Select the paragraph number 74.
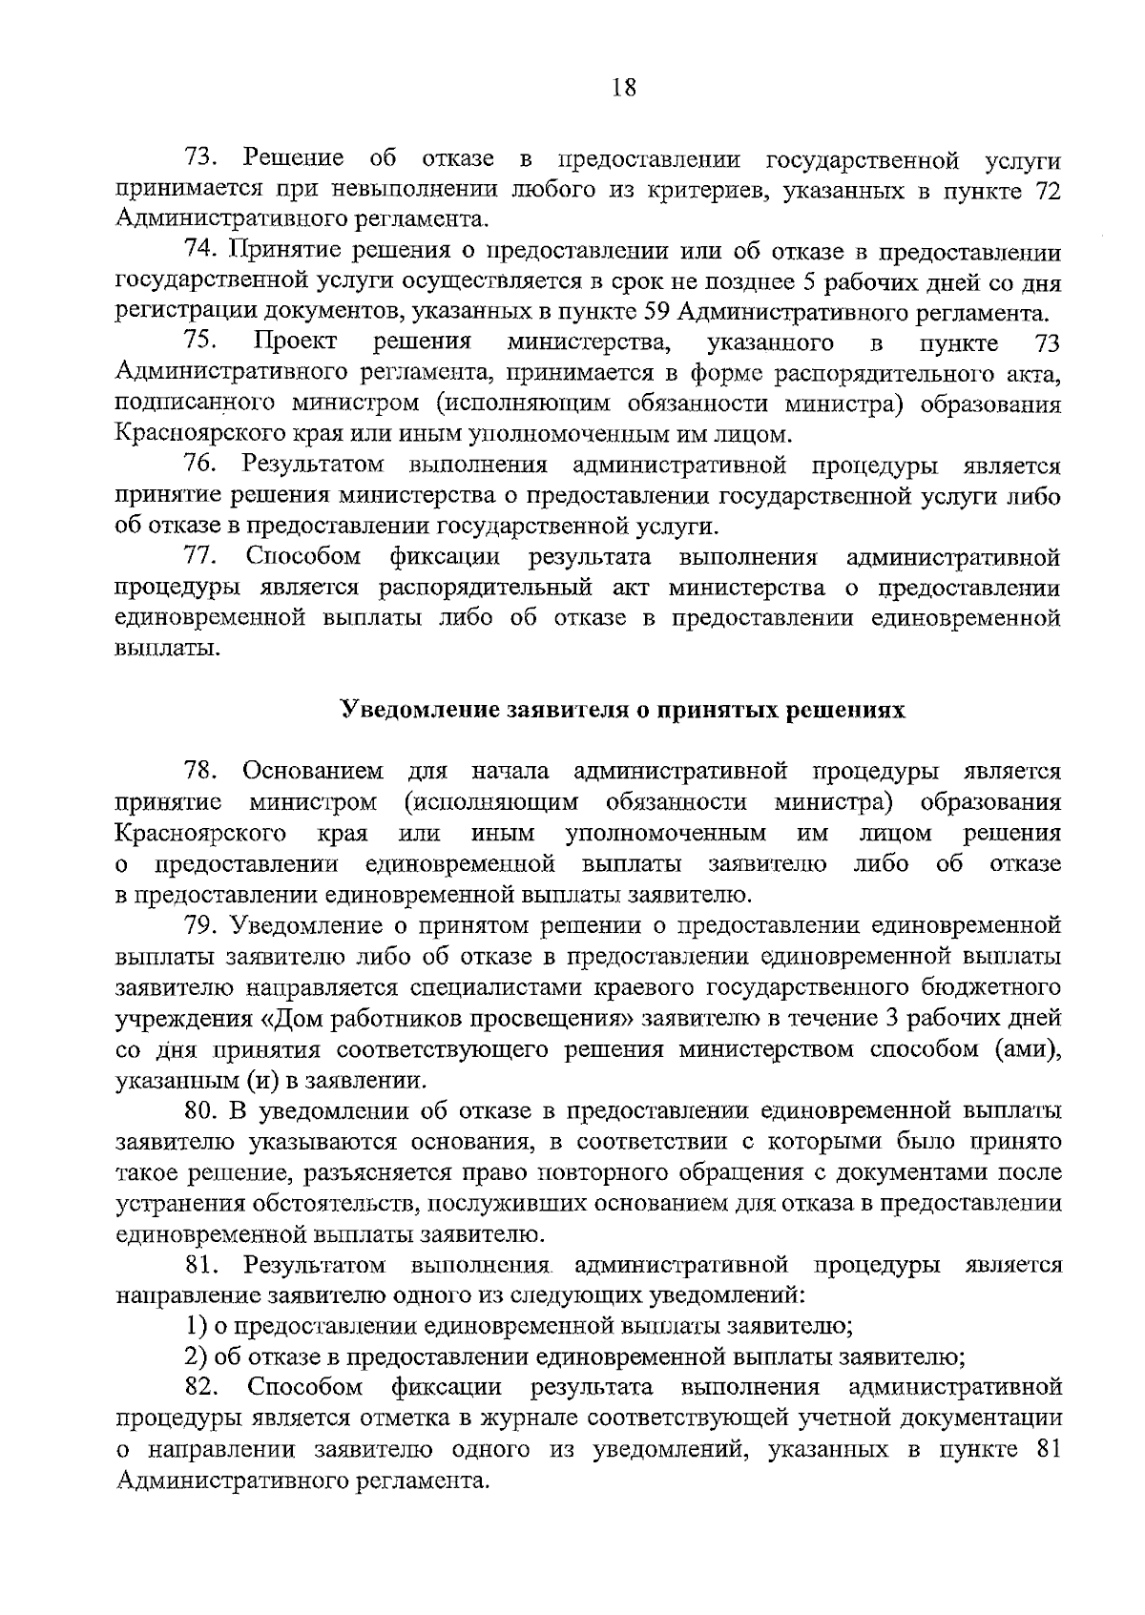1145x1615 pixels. click(x=202, y=252)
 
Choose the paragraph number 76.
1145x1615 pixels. click(x=202, y=466)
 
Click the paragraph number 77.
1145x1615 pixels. click(x=202, y=557)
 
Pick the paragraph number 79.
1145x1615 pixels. click(x=202, y=925)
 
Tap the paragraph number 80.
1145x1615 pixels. click(x=202, y=1110)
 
